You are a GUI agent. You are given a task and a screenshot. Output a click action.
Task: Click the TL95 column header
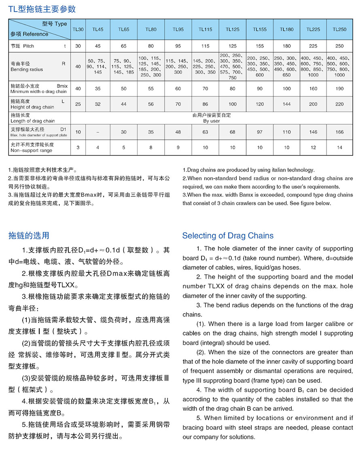click(x=178, y=29)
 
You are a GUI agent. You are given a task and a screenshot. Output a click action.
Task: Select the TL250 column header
click(x=339, y=29)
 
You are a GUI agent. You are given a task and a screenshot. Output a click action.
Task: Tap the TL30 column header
click(x=78, y=29)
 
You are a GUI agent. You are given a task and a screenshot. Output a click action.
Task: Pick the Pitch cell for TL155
click(x=260, y=46)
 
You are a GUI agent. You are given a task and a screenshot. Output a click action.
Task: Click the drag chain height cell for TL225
click(x=313, y=104)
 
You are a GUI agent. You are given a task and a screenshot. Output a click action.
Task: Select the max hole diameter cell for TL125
click(x=233, y=132)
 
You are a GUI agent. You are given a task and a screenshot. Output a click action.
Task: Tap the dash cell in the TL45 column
click(x=97, y=132)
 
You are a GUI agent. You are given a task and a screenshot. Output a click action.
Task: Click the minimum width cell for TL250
click(x=339, y=88)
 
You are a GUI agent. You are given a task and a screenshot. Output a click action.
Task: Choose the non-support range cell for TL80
click(x=151, y=147)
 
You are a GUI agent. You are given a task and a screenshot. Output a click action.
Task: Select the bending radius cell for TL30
click(x=78, y=66)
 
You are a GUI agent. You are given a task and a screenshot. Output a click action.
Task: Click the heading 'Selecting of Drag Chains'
click(x=228, y=236)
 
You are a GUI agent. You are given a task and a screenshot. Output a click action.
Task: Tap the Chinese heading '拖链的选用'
click(x=29, y=236)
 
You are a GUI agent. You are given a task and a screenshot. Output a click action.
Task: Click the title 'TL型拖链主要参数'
click(x=42, y=9)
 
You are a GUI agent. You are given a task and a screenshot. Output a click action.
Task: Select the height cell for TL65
click(x=124, y=104)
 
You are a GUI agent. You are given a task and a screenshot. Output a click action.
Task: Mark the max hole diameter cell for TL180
click(x=286, y=132)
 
